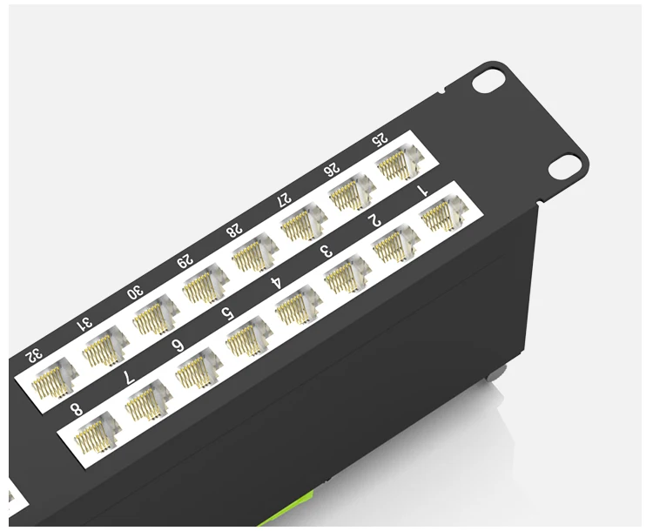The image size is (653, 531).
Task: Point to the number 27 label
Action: click(x=284, y=198)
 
